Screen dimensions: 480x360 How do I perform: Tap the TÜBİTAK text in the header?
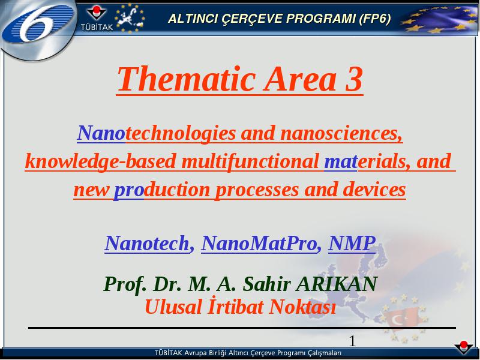click(97, 27)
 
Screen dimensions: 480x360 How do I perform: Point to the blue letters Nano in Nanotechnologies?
click(101, 133)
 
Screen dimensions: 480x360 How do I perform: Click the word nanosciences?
click(341, 133)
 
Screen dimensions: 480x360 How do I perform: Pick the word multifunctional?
click(250, 161)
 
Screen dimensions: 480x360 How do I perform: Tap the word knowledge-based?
click(100, 161)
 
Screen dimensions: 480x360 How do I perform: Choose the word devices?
click(374, 190)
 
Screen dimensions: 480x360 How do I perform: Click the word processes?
click(257, 190)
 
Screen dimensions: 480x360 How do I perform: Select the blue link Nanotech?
click(147, 244)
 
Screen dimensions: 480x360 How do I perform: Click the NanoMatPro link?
click(259, 244)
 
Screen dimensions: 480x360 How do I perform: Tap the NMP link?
click(352, 244)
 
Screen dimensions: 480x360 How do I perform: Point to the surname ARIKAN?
click(337, 284)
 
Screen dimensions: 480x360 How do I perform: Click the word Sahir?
click(266, 284)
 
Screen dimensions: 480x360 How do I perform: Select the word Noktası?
click(302, 307)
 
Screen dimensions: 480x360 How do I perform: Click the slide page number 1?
click(352, 341)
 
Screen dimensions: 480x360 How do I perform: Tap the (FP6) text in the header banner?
click(374, 19)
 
